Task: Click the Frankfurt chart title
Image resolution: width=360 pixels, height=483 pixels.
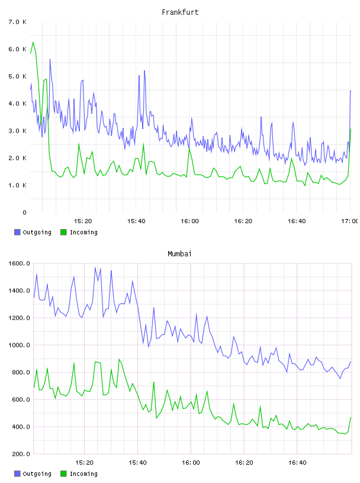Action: click(180, 12)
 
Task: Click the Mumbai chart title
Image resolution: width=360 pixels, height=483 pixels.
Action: click(179, 254)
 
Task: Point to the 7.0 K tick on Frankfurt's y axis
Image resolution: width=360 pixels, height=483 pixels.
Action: click(18, 22)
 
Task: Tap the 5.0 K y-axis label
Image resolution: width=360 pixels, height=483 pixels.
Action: click(18, 76)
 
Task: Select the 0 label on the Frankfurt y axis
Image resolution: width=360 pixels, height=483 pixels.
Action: click(24, 212)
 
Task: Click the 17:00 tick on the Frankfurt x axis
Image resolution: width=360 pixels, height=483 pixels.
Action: click(351, 221)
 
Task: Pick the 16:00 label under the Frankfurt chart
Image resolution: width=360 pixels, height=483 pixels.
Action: click(189, 221)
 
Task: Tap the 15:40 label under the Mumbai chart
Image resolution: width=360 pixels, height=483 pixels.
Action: click(137, 462)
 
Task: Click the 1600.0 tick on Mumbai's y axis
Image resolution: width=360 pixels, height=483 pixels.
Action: click(19, 263)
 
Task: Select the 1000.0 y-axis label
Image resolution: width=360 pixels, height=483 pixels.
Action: click(19, 345)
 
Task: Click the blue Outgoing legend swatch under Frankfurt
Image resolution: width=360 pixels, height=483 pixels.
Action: click(17, 232)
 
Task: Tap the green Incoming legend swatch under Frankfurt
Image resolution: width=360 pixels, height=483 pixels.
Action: click(63, 232)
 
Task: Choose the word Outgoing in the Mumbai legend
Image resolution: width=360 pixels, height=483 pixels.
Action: click(37, 474)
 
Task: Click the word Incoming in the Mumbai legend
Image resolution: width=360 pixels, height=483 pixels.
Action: click(83, 474)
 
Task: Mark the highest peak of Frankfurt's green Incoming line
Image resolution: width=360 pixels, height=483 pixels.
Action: click(33, 42)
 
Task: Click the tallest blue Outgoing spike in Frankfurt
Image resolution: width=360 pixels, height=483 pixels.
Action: click(50, 59)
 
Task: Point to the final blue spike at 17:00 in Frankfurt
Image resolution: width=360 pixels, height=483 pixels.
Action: click(351, 91)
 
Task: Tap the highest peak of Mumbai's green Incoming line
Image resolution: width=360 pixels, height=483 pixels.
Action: click(119, 359)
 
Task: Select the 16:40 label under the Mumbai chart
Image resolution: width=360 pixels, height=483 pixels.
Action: click(297, 462)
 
